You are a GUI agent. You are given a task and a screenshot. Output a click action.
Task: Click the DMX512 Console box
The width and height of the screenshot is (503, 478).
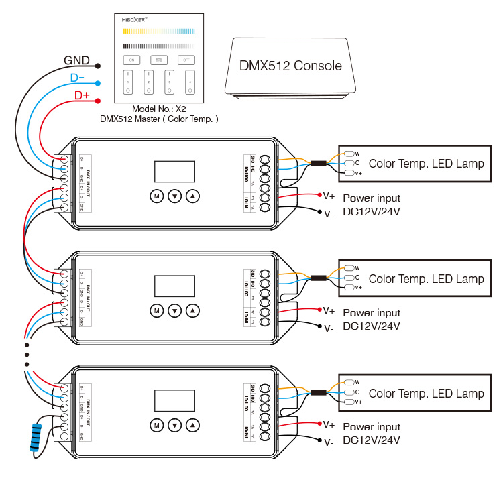290,66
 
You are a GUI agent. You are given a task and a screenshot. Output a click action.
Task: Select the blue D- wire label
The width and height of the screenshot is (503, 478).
78,78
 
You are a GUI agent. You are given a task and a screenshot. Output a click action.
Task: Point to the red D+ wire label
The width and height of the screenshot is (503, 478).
82,95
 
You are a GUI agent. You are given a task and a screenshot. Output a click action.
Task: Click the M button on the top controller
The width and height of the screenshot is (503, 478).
156,196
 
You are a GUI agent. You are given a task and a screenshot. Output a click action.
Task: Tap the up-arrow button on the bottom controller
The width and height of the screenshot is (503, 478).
193,425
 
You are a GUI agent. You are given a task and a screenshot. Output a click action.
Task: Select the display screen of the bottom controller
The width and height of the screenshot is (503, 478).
174,400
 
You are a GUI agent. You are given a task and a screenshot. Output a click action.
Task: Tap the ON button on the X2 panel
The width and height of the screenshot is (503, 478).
131,60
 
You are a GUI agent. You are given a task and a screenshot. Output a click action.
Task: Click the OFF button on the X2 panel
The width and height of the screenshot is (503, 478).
186,60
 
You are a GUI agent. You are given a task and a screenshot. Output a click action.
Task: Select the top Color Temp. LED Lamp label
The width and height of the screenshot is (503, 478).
426,164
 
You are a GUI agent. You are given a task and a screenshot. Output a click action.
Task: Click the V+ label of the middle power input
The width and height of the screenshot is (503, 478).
329,310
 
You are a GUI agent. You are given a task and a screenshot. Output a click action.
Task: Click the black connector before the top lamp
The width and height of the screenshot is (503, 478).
319,164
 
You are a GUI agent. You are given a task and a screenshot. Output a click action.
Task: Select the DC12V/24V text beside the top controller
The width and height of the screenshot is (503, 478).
371,212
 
